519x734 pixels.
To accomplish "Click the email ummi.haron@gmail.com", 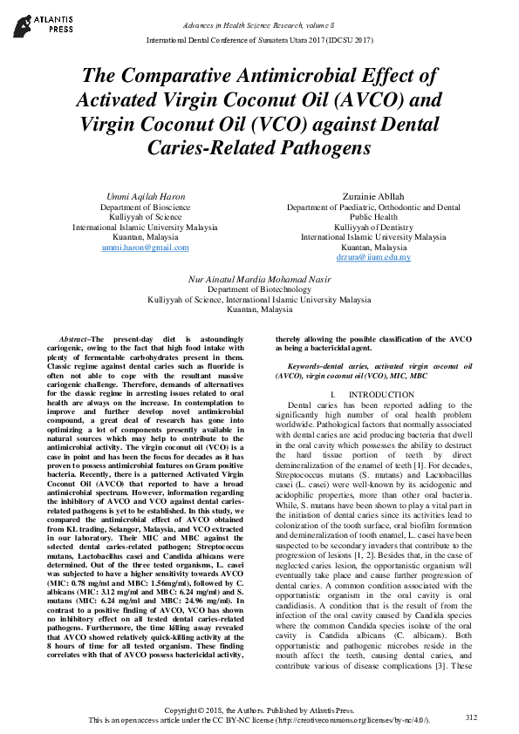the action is click(x=145, y=248).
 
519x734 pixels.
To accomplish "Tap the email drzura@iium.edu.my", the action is click(x=373, y=258).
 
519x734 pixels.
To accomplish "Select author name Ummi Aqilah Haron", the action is click(x=145, y=197).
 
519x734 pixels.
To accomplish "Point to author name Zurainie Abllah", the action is click(x=373, y=197).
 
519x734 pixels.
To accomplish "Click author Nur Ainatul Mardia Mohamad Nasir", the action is click(x=259, y=279).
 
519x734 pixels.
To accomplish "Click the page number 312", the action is click(x=472, y=717).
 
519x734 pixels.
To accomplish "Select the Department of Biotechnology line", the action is click(x=259, y=289).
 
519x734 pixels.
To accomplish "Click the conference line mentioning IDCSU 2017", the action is click(x=259, y=40).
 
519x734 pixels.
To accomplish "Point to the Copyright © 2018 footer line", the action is click(x=259, y=711).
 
